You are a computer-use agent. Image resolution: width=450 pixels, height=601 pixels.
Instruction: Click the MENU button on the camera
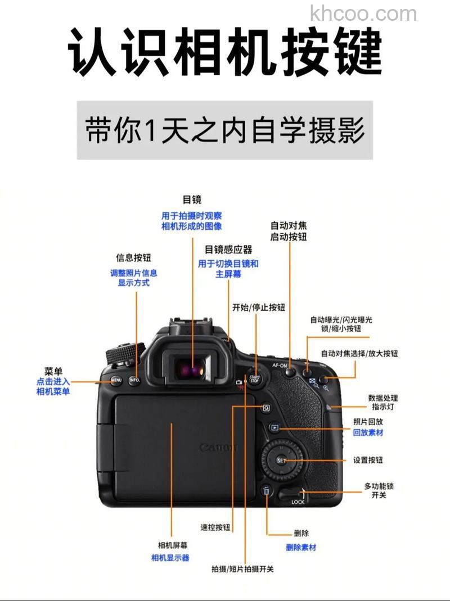click(x=116, y=380)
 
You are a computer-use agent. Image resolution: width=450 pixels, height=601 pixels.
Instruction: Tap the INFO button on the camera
click(x=134, y=380)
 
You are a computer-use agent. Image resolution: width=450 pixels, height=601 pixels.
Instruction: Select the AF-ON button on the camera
click(x=290, y=372)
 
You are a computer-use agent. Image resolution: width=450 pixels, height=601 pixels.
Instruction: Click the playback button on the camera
click(x=274, y=427)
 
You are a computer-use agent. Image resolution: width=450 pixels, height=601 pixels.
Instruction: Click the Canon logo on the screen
click(x=218, y=447)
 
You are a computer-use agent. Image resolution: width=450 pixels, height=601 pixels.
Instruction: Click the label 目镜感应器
click(x=228, y=249)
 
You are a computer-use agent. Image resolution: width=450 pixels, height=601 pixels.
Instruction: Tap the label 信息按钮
click(x=134, y=258)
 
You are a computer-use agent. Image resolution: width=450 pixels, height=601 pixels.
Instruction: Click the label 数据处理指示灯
click(x=383, y=402)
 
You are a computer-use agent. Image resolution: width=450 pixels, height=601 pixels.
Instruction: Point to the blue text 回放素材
click(x=368, y=432)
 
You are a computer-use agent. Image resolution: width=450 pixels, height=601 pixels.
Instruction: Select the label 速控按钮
click(x=215, y=527)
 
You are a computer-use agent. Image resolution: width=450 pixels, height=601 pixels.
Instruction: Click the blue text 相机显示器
click(x=170, y=557)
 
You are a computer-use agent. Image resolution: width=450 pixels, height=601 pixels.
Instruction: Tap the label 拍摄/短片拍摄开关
click(x=242, y=569)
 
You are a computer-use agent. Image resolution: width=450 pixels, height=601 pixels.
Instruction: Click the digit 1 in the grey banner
click(x=149, y=131)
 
